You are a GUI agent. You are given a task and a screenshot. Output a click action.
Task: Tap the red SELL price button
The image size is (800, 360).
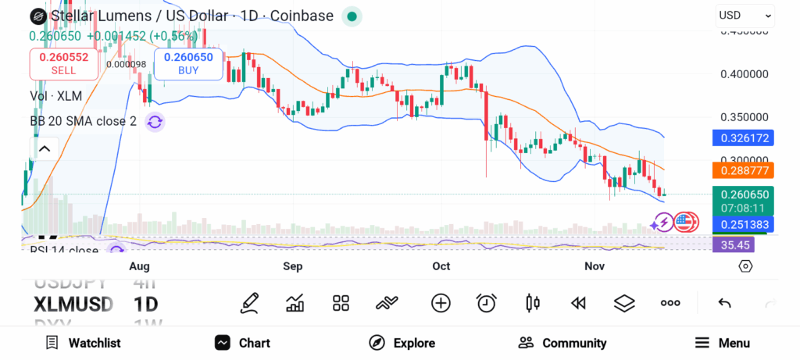[64, 63]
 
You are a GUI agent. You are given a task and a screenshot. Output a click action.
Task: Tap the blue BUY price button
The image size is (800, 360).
[188, 63]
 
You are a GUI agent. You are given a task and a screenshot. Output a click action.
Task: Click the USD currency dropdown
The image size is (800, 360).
[745, 16]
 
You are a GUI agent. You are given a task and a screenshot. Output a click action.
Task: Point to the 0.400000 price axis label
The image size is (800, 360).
[744, 75]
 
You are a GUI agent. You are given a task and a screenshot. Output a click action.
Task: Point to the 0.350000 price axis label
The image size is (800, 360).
[744, 117]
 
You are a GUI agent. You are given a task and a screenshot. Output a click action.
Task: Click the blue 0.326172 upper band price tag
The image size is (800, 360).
[742, 138]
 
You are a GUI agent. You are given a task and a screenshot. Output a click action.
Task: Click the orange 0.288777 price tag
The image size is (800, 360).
[742, 169]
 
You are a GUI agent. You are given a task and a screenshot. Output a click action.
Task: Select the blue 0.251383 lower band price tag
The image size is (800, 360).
[742, 225]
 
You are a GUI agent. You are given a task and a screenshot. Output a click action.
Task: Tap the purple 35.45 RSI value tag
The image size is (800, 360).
[735, 244]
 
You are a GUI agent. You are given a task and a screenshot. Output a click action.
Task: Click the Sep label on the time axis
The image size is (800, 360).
[292, 266]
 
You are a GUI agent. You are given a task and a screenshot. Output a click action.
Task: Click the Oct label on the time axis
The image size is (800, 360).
[441, 266]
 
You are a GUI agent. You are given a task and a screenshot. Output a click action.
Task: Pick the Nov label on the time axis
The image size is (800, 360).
[595, 266]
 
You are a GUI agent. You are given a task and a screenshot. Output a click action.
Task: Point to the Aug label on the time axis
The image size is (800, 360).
[139, 266]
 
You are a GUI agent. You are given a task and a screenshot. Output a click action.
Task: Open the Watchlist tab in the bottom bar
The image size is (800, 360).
[83, 343]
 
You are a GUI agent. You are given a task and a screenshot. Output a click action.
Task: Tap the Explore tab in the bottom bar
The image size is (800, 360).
[402, 343]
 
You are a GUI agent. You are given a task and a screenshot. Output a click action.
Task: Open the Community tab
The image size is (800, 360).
[562, 343]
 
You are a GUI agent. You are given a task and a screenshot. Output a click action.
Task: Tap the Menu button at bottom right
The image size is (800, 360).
[723, 343]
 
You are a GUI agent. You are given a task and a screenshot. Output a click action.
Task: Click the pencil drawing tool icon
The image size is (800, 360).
[250, 303]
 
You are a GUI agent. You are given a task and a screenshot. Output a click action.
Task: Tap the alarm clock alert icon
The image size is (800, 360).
[487, 303]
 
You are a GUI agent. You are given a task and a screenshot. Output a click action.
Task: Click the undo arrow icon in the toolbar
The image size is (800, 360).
[724, 303]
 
